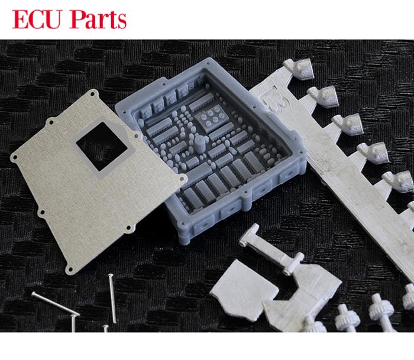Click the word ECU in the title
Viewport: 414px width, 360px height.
37,20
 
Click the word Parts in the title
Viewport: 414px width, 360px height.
98,20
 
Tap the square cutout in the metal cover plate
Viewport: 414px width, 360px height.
102,146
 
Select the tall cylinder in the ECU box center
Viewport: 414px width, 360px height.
200,144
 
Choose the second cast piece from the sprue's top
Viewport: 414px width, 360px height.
324,96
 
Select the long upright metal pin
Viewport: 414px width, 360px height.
112,299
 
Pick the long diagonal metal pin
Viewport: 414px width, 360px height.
56,303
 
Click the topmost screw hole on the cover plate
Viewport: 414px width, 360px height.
93,94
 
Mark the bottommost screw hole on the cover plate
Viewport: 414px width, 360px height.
70,269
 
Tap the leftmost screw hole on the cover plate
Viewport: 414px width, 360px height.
15,158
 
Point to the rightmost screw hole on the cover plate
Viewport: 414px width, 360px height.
182,179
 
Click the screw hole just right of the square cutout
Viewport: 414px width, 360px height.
136,136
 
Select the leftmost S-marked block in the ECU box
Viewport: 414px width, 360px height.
146,112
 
